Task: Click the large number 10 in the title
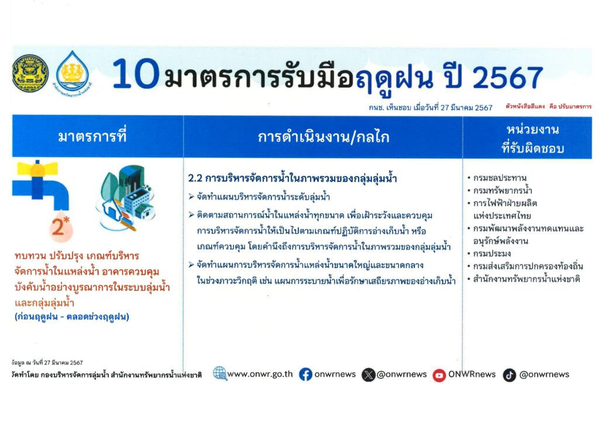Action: tap(136, 74)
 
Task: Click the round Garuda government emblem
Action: tap(30, 73)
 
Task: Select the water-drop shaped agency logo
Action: tap(73, 72)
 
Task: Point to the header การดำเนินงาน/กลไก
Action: tap(323, 137)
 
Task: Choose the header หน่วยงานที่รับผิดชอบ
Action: tap(532, 138)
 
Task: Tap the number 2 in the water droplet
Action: tap(58, 227)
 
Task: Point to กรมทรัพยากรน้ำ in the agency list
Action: tap(502, 190)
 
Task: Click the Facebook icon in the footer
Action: tap(305, 374)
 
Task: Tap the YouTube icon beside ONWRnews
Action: tap(439, 375)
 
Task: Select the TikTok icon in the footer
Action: tap(510, 375)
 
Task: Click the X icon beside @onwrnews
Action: tap(369, 375)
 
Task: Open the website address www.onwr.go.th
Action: tap(260, 374)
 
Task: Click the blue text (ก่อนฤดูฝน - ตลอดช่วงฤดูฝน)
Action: tap(72, 317)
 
